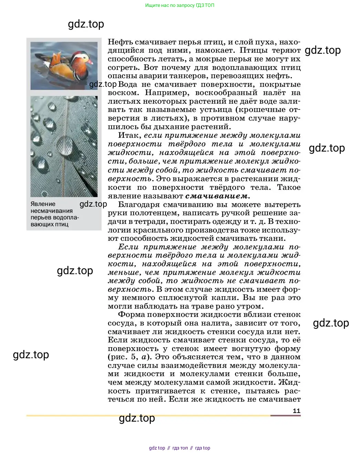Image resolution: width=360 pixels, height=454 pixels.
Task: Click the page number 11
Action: tap(296, 411)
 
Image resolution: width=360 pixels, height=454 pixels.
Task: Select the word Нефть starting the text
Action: tap(120, 42)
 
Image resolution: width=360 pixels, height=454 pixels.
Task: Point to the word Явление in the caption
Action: tap(43, 204)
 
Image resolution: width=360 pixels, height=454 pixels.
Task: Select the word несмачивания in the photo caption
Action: tap(52, 211)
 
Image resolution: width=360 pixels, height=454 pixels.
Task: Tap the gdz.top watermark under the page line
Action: tap(137, 418)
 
